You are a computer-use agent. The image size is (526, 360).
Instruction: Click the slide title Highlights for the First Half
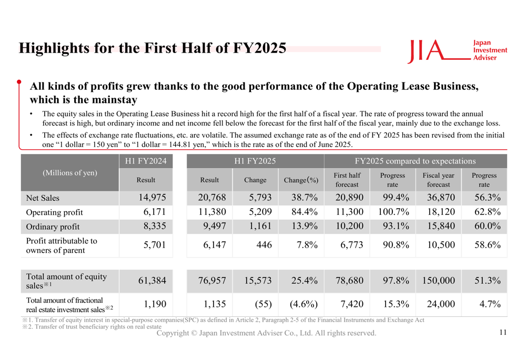click(153, 48)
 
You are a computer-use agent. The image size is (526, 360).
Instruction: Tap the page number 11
click(503, 332)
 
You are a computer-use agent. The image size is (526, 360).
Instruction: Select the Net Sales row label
click(43, 198)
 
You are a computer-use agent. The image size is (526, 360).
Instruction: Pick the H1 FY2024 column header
click(146, 161)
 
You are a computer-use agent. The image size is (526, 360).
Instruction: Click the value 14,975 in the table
click(151, 198)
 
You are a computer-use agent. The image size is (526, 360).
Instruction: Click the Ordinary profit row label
click(53, 227)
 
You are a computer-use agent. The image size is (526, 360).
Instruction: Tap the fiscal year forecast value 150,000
click(438, 281)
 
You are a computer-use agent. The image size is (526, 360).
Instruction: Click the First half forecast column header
click(347, 180)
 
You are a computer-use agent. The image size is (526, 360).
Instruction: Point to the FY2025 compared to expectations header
click(415, 161)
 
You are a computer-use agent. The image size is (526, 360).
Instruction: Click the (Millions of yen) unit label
click(70, 172)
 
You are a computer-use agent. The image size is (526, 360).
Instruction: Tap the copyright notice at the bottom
click(266, 333)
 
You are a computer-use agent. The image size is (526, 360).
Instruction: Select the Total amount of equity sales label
click(66, 281)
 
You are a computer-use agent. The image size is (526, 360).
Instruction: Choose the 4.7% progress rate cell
click(488, 303)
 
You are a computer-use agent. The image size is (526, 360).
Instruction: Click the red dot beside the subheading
click(19, 82)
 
